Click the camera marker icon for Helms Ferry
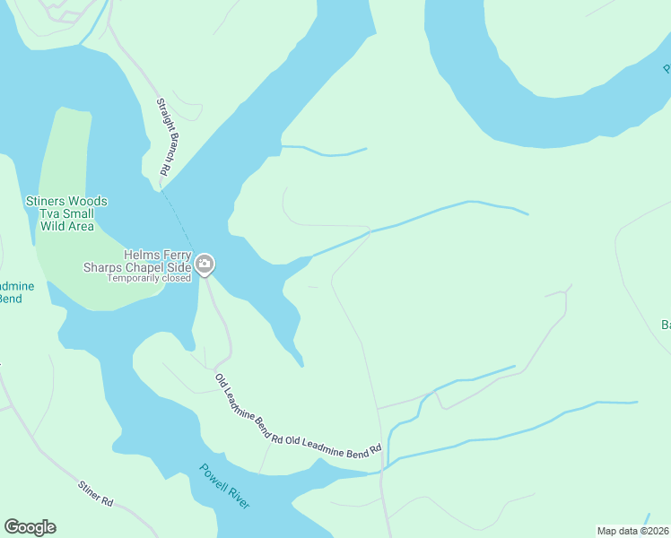click(205, 264)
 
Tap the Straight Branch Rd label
click(164, 136)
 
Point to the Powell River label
click(224, 486)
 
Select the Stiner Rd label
click(95, 492)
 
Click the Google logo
click(30, 527)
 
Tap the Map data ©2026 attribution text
click(632, 530)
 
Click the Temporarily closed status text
click(149, 278)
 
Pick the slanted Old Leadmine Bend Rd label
click(248, 409)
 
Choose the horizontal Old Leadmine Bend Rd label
click(334, 446)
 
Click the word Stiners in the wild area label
click(45, 202)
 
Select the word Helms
click(143, 255)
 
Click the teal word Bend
click(9, 299)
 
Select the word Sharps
click(102, 267)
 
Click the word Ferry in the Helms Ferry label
click(178, 255)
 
